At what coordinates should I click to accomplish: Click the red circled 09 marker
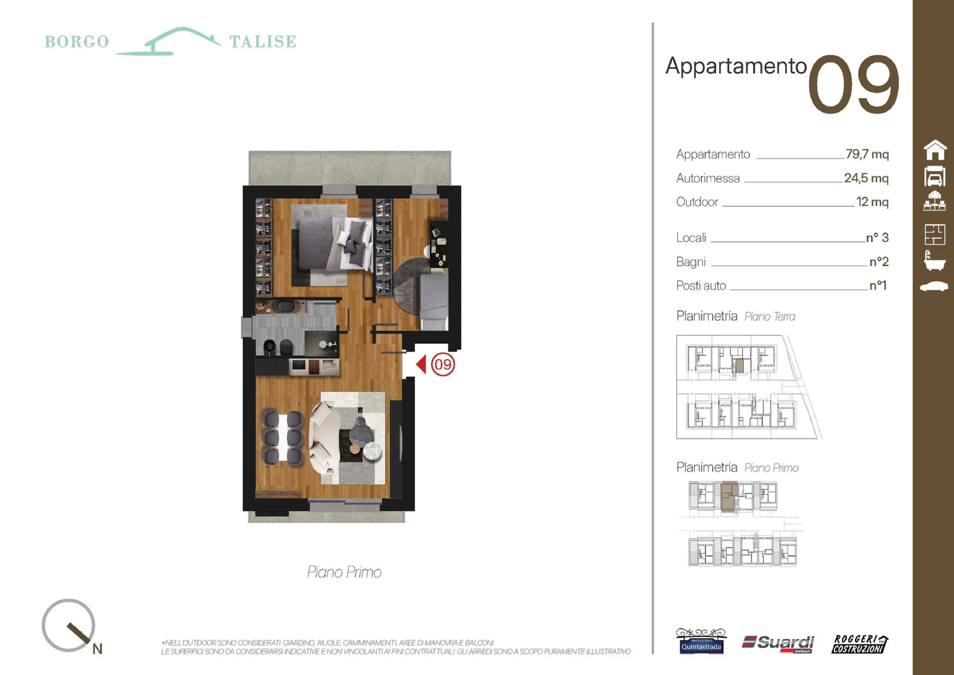(443, 365)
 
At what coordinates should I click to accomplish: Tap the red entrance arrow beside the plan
(421, 364)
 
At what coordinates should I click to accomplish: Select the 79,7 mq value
(867, 154)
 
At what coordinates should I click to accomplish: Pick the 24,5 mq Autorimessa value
(866, 178)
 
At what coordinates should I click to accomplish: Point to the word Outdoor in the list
(697, 202)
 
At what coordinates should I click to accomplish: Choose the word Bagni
(691, 262)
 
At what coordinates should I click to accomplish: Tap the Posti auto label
(701, 286)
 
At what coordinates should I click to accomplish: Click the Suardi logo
(778, 643)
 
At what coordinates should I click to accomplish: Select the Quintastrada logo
(701, 642)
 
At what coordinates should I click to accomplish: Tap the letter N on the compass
(97, 649)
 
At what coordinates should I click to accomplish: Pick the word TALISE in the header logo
(263, 42)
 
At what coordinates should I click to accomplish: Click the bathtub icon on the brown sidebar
(935, 261)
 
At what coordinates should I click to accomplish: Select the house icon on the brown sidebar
(935, 150)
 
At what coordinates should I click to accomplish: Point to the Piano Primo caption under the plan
(344, 572)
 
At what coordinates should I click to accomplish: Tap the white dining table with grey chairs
(283, 437)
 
